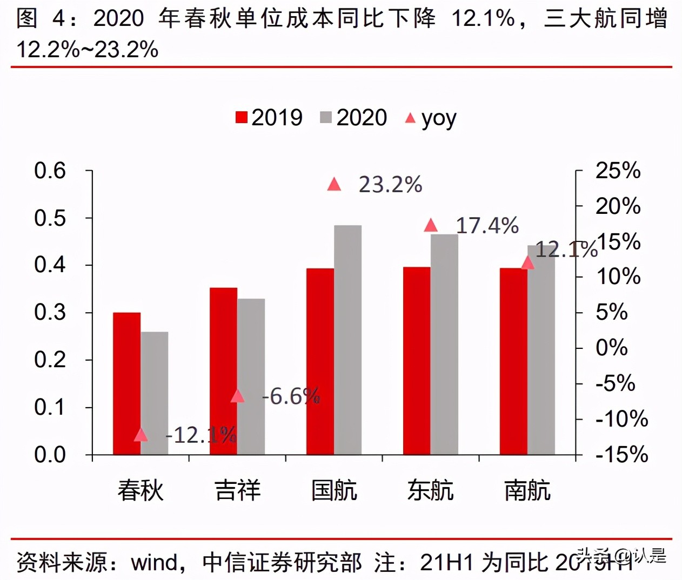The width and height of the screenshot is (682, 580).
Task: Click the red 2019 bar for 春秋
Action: click(x=126, y=383)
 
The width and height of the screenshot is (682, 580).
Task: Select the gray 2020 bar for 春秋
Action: click(x=155, y=393)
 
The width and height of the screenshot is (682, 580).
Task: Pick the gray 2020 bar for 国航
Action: click(x=347, y=340)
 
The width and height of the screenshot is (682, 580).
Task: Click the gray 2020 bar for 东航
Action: click(x=444, y=344)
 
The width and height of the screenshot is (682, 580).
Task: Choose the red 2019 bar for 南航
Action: click(x=513, y=361)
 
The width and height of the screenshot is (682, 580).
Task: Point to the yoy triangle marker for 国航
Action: click(x=334, y=185)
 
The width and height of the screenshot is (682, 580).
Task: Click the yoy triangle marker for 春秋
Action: click(x=141, y=435)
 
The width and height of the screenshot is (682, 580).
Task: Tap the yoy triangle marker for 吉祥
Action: click(x=237, y=396)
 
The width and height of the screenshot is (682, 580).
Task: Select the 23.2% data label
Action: click(x=390, y=185)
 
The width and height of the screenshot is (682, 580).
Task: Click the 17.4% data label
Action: click(x=487, y=226)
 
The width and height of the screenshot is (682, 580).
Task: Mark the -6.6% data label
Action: click(x=291, y=396)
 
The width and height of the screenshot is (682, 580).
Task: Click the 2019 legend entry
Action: click(x=269, y=118)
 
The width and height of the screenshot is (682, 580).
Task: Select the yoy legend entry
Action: click(x=431, y=118)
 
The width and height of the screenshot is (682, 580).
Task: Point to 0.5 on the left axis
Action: click(x=50, y=218)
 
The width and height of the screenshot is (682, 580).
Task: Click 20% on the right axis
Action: click(x=618, y=206)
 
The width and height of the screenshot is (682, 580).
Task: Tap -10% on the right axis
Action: click(x=621, y=419)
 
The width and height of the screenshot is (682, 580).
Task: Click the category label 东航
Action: click(x=430, y=490)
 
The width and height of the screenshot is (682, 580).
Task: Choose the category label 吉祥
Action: click(x=237, y=490)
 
